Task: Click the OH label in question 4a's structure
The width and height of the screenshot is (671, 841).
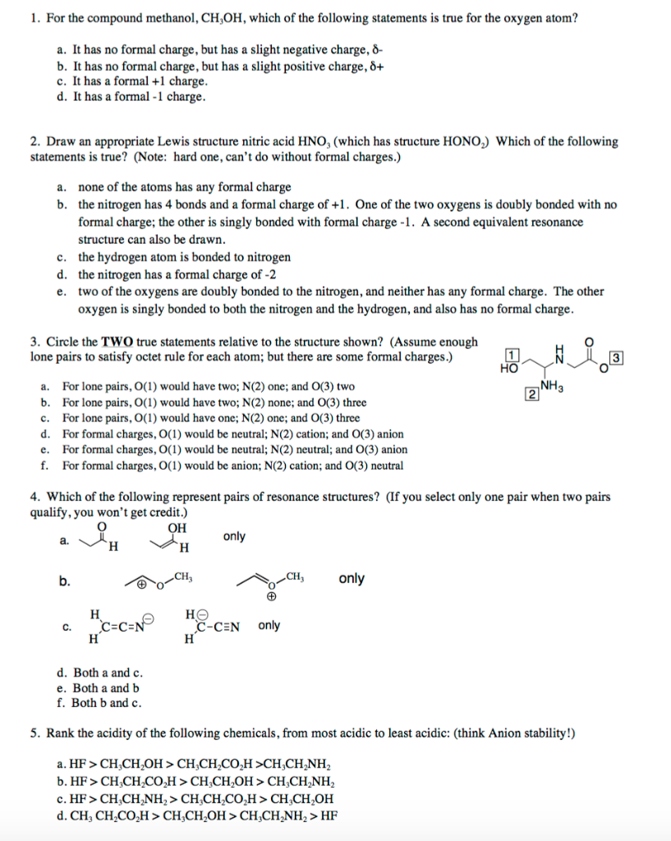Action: pyautogui.click(x=177, y=527)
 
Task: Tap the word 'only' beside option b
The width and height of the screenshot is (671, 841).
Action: pyautogui.click(x=352, y=578)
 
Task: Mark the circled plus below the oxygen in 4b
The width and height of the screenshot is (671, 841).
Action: pyautogui.click(x=271, y=598)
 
